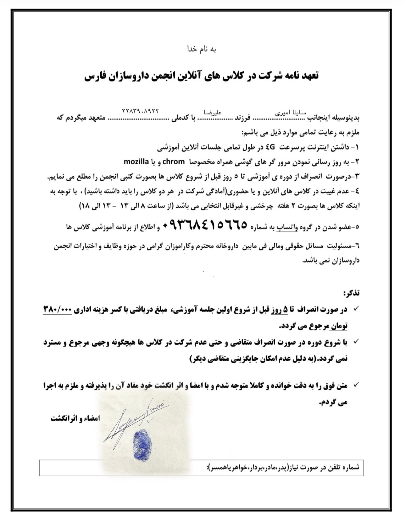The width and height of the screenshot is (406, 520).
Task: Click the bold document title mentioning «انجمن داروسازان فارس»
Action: pyautogui.click(x=202, y=76)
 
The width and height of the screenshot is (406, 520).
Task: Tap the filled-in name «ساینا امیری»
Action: pyautogui.click(x=291, y=113)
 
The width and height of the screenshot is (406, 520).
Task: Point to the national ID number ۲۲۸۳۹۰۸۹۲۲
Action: pyautogui.click(x=141, y=111)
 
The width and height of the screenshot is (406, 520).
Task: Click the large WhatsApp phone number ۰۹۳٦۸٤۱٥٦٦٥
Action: pyautogui.click(x=205, y=225)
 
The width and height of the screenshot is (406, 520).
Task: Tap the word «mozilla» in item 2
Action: pyautogui.click(x=136, y=161)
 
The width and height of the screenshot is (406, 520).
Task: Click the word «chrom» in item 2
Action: pyautogui.click(x=173, y=161)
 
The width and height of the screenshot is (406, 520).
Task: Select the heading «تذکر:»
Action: pyautogui.click(x=351, y=293)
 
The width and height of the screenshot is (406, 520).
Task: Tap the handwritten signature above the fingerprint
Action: pyautogui.click(x=135, y=419)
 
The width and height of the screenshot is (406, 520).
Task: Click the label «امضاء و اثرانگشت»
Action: pyautogui.click(x=75, y=419)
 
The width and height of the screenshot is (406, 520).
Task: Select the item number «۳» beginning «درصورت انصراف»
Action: pyautogui.click(x=357, y=177)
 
